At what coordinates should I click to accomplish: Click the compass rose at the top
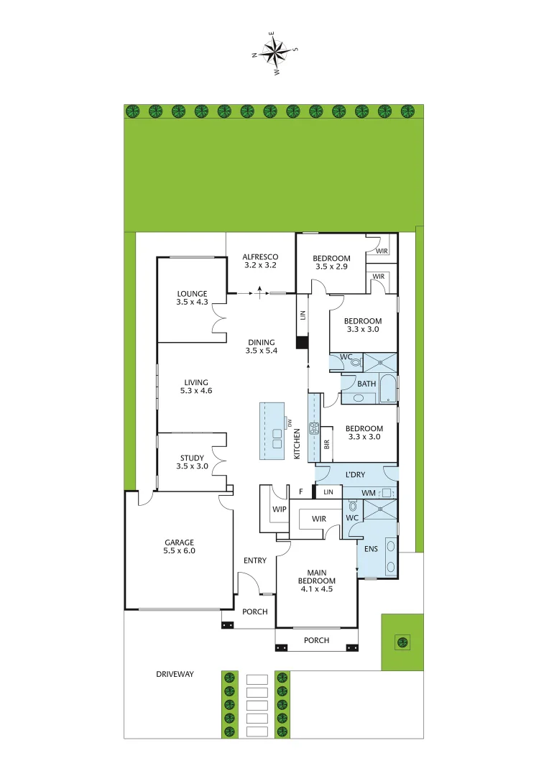(x=274, y=51)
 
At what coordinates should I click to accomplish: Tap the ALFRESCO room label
(x=260, y=262)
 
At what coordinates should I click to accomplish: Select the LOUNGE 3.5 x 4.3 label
(x=192, y=297)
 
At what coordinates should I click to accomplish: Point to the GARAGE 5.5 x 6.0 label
(x=179, y=547)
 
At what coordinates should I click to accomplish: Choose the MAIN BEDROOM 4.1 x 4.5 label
(x=317, y=580)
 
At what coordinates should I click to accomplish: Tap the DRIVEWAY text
(x=175, y=674)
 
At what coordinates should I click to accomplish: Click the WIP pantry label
(x=280, y=509)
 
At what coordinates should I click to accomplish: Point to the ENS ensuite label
(x=371, y=549)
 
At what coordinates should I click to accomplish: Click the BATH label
(x=366, y=384)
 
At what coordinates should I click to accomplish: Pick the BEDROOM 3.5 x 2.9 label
(x=332, y=262)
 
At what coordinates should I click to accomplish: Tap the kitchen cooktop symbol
(x=314, y=430)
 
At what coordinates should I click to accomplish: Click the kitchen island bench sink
(x=277, y=438)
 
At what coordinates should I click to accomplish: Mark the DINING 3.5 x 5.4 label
(x=262, y=346)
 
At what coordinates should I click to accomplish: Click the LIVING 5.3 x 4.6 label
(x=196, y=387)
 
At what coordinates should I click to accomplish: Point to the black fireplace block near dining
(x=302, y=342)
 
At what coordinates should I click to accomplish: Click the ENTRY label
(x=255, y=560)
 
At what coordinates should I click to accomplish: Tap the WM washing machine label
(x=369, y=492)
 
